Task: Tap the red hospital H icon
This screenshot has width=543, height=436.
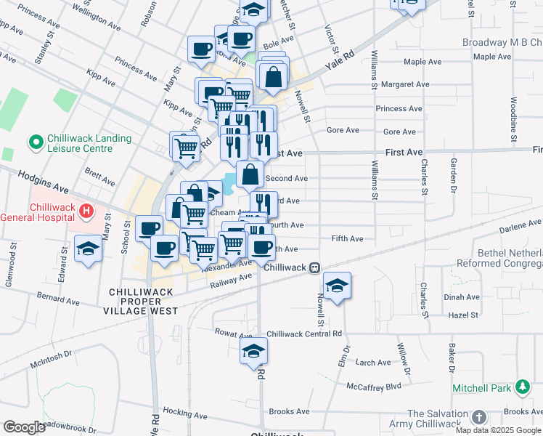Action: coord(86,211)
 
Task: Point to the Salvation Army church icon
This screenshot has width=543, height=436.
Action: coord(478,417)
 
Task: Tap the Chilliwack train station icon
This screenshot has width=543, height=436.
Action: coord(315,267)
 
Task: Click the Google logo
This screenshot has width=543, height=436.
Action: coord(24,427)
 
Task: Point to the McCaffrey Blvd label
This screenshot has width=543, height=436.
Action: coord(374,386)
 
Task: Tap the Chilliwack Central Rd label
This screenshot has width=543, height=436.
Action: coord(304,334)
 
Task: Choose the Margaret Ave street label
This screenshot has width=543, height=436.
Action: coord(401,85)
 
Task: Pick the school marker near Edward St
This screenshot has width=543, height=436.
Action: coord(88,249)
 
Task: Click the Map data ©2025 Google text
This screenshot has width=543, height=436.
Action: coord(498,430)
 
